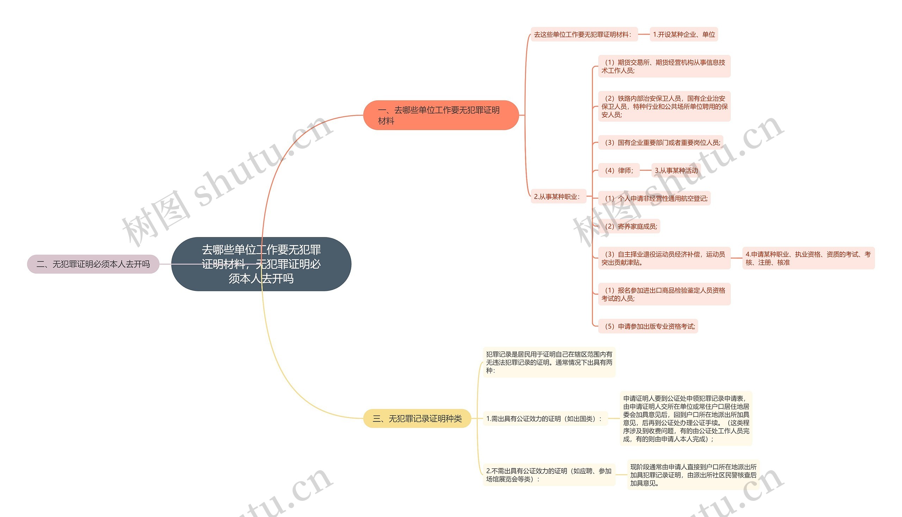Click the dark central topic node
pos(261,264)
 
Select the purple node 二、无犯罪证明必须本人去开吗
pos(93,264)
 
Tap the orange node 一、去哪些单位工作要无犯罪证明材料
pos(440,115)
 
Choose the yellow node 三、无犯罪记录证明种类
pos(417,418)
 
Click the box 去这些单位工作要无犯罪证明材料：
pos(584,35)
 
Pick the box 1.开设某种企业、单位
pos(684,35)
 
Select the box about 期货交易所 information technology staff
pos(664,67)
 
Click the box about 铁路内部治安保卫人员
pos(664,106)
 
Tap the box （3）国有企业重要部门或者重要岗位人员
pos(660,142)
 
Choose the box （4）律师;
pos(618,170)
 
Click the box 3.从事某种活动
pos(676,170)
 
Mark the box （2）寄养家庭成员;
pos(629,226)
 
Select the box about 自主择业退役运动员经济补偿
pos(664,258)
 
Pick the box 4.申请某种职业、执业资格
pos(808,258)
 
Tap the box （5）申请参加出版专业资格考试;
pos(648,326)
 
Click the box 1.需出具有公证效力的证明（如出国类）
pos(545,419)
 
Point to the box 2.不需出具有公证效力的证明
pos(549,475)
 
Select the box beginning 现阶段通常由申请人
pos(693,475)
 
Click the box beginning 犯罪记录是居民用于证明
pos(549,362)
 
